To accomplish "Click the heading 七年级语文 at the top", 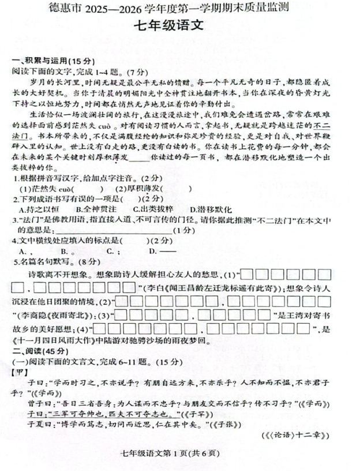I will coord(181,25).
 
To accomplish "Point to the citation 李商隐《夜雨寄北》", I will coord(54,316).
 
